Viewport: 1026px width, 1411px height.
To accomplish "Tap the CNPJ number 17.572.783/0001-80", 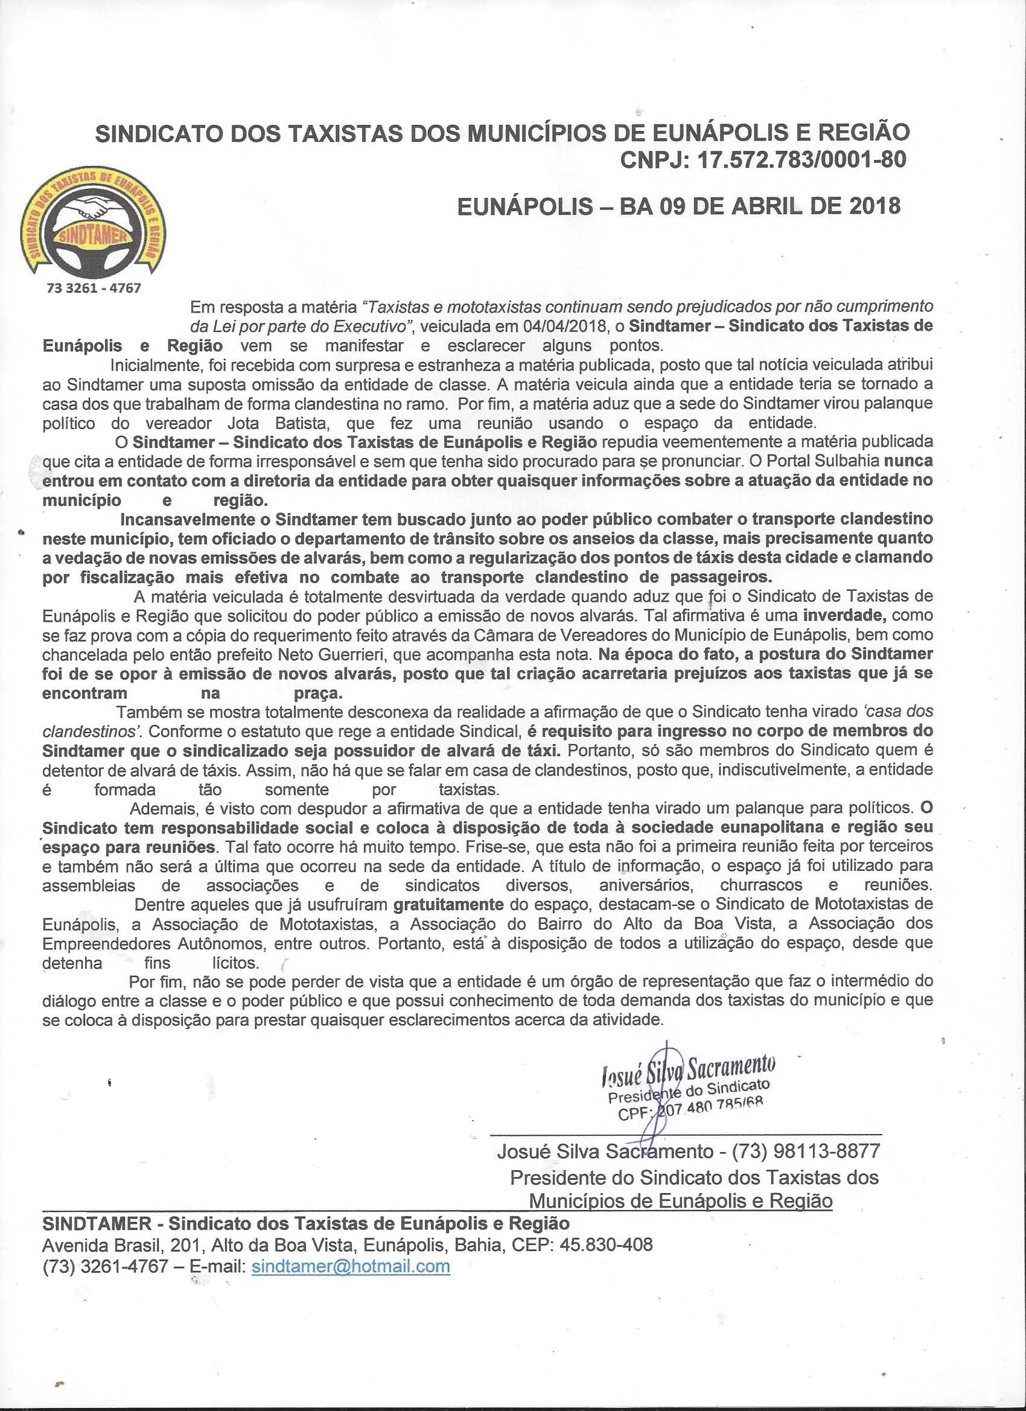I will [801, 160].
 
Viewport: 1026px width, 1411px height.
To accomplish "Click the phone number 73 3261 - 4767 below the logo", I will [94, 288].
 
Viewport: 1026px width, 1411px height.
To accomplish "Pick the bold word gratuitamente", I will [448, 903].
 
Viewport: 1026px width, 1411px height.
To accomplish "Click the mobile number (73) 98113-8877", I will [806, 1151].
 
